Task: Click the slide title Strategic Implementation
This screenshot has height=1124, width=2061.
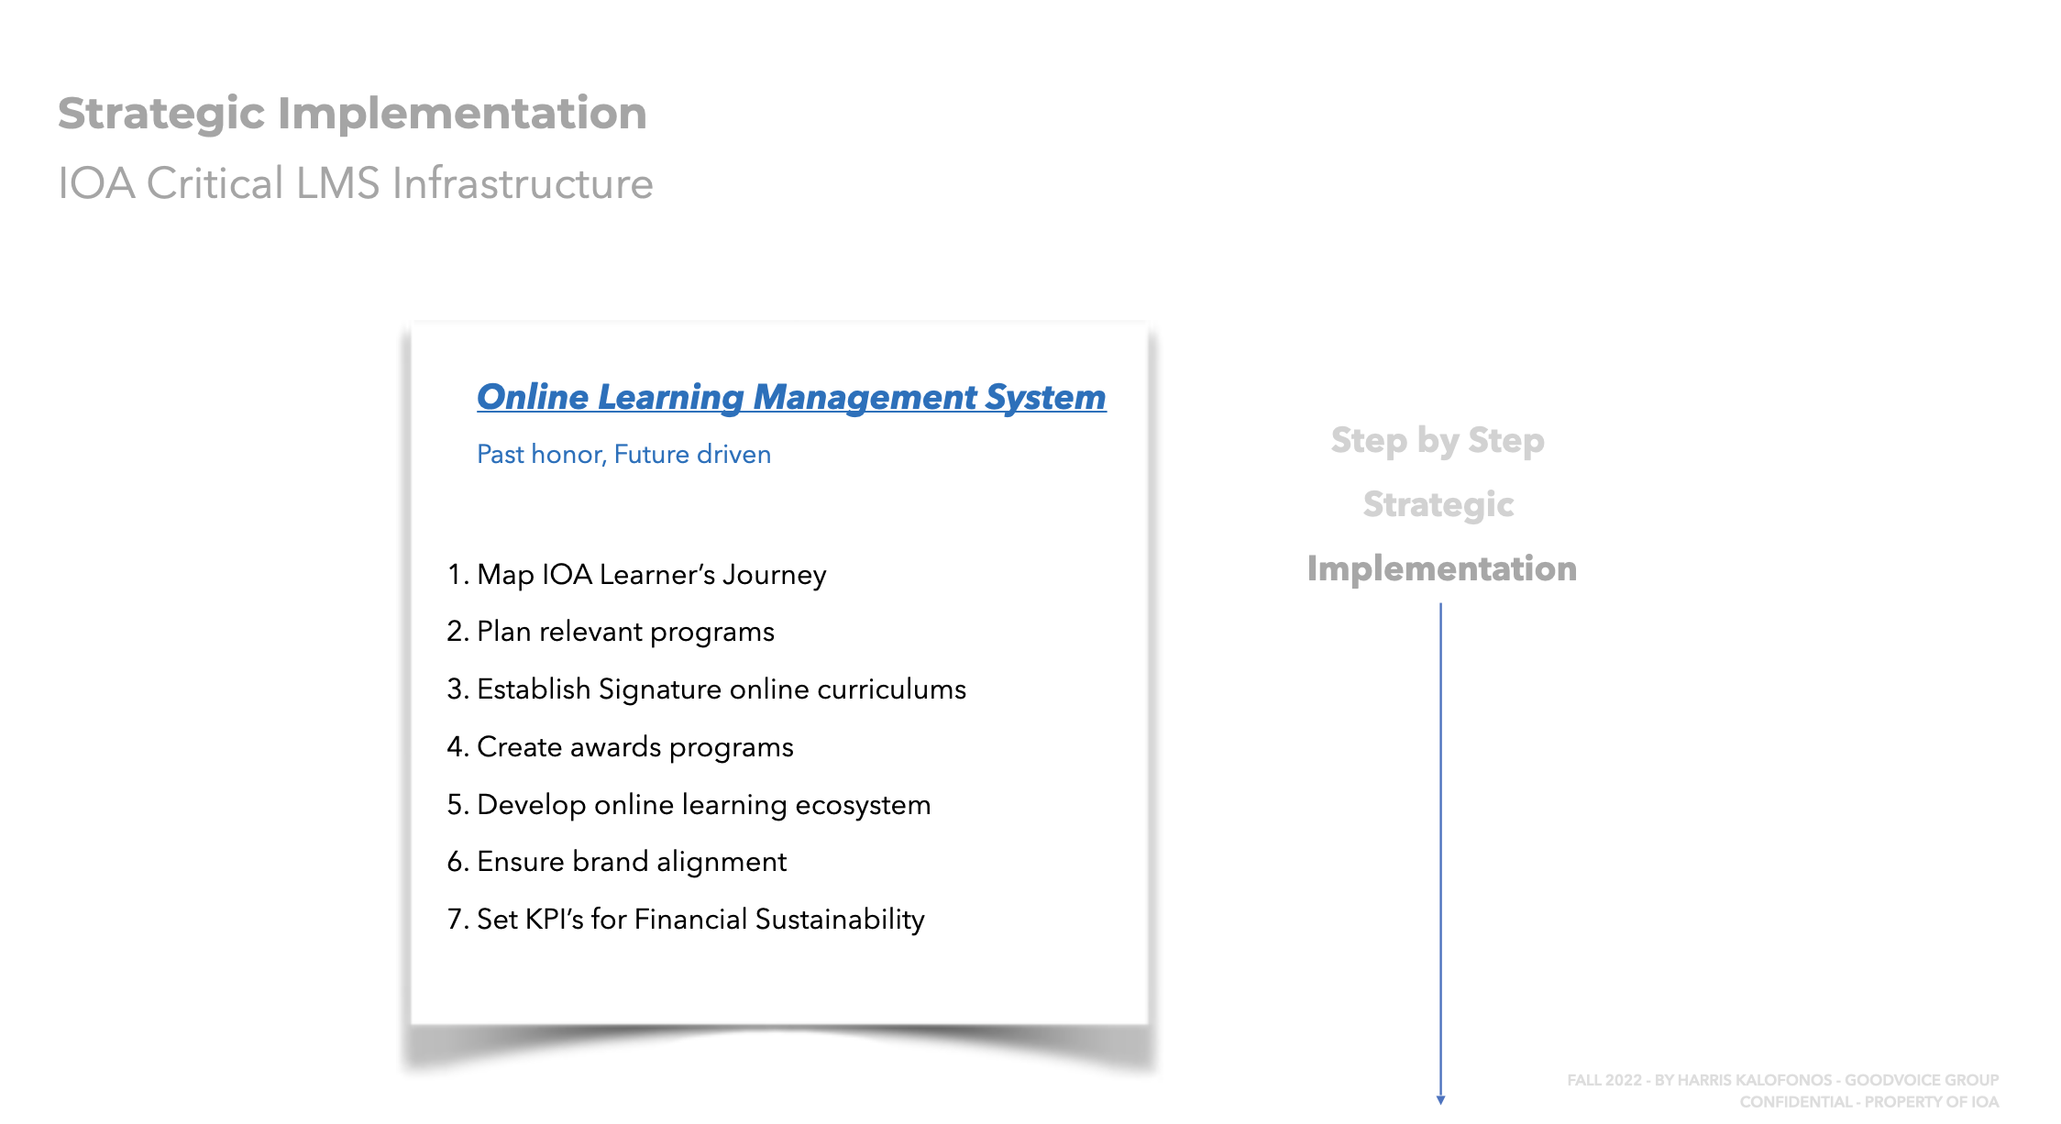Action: (352, 115)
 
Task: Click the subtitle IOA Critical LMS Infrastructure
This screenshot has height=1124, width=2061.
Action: (356, 183)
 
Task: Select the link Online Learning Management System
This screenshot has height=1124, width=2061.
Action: (791, 397)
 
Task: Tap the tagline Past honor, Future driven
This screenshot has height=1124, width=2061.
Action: (623, 454)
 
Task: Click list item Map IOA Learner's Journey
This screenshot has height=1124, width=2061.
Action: (652, 575)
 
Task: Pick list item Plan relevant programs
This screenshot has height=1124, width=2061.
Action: (625, 632)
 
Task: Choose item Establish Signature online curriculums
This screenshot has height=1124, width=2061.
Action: (722, 689)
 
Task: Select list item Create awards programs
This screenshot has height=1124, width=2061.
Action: (635, 747)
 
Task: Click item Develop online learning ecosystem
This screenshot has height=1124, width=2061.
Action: (704, 805)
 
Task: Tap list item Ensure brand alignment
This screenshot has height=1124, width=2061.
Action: (632, 862)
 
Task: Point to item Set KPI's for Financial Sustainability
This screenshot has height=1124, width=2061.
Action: (700, 920)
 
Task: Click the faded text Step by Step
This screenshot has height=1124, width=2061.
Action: (1438, 441)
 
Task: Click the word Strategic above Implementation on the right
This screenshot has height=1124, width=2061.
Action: (1438, 505)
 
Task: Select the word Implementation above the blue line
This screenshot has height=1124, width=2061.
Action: (1442, 569)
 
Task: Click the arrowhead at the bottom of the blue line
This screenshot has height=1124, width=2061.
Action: (1441, 1100)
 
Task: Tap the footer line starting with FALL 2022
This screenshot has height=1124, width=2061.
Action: (1783, 1080)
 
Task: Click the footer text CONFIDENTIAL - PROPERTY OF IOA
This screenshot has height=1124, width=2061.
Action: (1869, 1102)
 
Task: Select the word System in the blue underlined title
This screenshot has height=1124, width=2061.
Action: (1046, 397)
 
